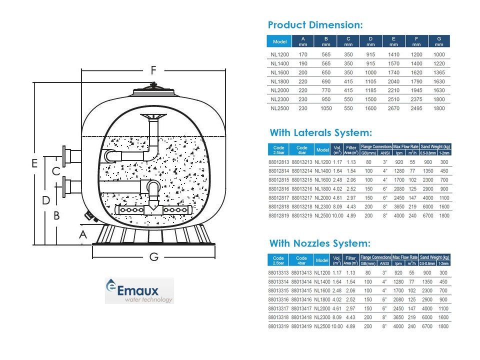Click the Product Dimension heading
[x=315, y=25]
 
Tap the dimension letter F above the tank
[x=153, y=70]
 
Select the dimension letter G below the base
[x=154, y=256]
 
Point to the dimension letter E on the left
[x=34, y=163]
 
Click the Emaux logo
[x=139, y=290]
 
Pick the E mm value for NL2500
[x=393, y=108]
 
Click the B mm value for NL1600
[x=326, y=72]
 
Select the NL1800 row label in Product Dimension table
[x=279, y=81]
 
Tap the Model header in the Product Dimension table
[x=279, y=41]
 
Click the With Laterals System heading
[x=321, y=132]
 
